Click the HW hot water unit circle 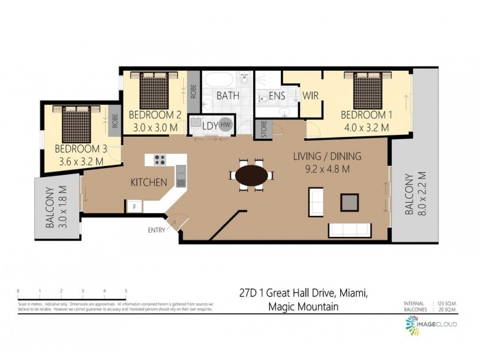click(226, 124)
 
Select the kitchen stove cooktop click(160, 160)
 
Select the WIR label click(310, 95)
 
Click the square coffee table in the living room click(350, 202)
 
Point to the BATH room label click(227, 95)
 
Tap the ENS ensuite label click(277, 95)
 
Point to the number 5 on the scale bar click(126, 290)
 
